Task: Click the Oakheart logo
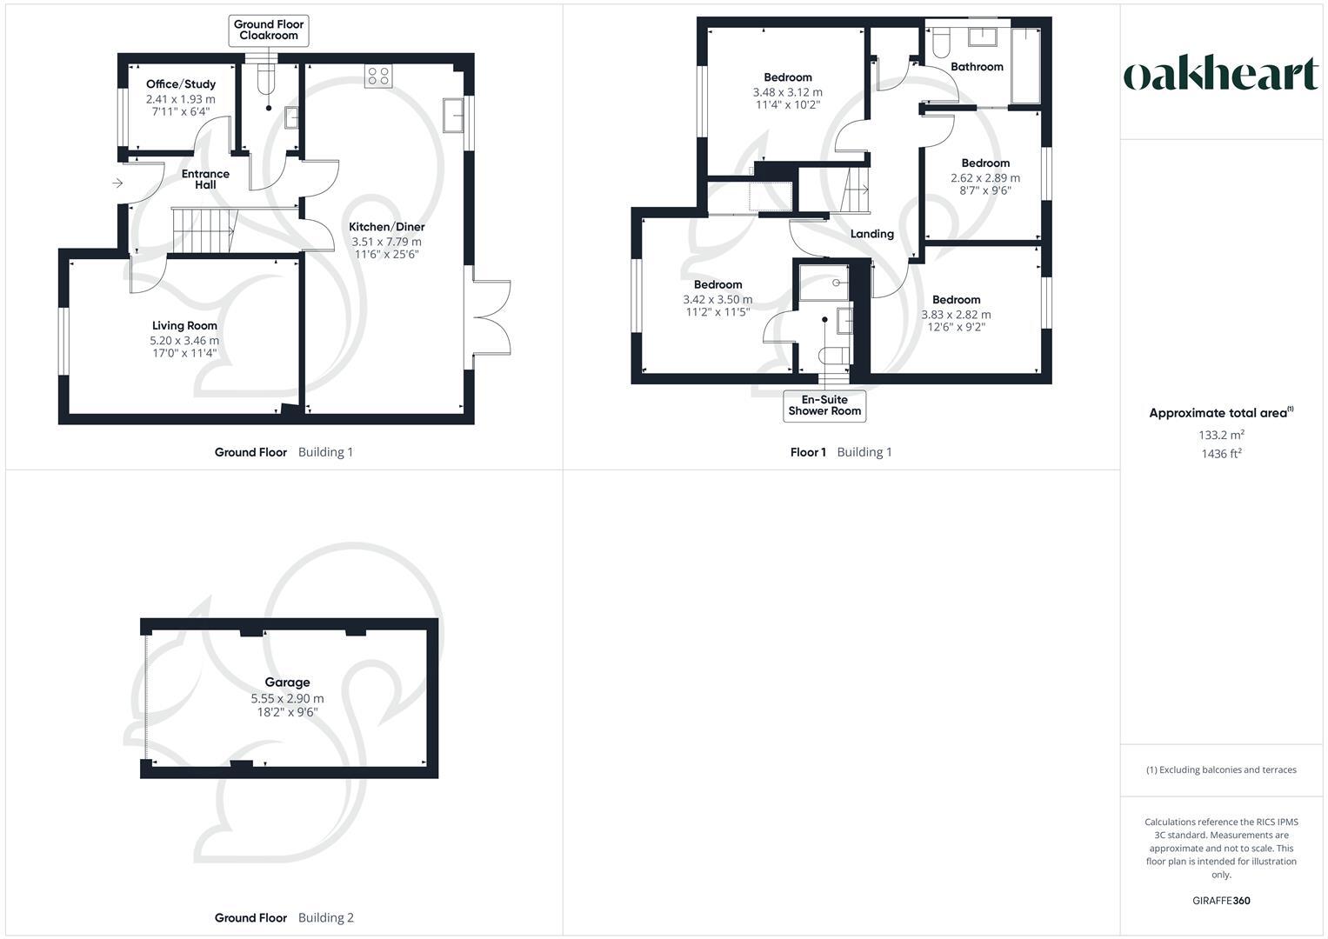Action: click(x=1220, y=75)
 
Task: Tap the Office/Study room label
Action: click(x=181, y=84)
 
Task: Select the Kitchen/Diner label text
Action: click(x=386, y=227)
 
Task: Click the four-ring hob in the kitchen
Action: click(x=379, y=76)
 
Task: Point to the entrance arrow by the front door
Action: click(x=117, y=183)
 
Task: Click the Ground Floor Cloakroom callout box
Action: click(x=269, y=30)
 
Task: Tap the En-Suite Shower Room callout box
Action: click(x=824, y=406)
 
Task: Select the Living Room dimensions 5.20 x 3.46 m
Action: click(x=184, y=341)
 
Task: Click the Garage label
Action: click(x=287, y=683)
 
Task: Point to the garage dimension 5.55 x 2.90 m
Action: click(x=287, y=698)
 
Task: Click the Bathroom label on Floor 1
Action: click(x=977, y=67)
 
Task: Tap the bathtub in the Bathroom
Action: click(x=1025, y=66)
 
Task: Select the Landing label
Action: click(x=871, y=234)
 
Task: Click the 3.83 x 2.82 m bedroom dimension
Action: click(x=956, y=315)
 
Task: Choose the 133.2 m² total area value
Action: click(x=1221, y=435)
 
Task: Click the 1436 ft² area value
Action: click(x=1221, y=454)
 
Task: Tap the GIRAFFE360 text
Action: click(x=1221, y=901)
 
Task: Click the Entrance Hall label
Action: click(x=205, y=179)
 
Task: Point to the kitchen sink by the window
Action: click(x=453, y=116)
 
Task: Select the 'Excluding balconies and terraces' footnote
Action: click(x=1221, y=769)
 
